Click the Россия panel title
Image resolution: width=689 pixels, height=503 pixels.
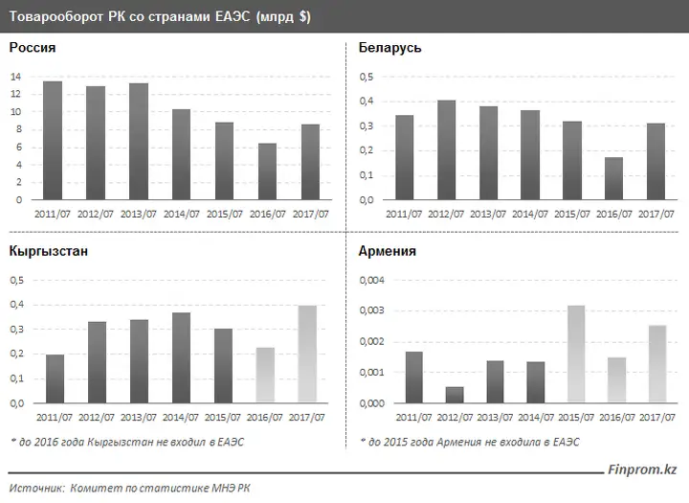tap(33, 48)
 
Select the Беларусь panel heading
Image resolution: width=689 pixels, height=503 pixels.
tap(389, 48)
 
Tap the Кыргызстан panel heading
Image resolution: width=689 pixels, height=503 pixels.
tap(49, 251)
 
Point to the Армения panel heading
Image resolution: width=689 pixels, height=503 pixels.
tap(387, 251)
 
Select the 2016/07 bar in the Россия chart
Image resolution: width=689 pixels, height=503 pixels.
tap(268, 171)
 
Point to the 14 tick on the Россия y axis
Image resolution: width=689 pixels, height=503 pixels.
tap(15, 77)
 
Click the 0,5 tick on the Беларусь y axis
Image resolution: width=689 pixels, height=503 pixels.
tap(367, 77)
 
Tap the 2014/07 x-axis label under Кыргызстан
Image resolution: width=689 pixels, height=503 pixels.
tap(181, 417)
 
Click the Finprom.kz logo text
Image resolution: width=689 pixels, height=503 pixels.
tap(642, 470)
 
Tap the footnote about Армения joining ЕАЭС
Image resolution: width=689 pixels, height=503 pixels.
tap(469, 442)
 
